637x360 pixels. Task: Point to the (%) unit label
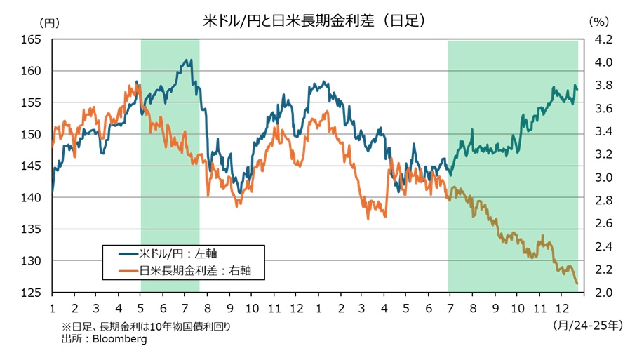[598, 22]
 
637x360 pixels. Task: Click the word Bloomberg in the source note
[118, 339]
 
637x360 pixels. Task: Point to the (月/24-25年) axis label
[588, 325]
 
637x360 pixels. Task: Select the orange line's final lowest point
[577, 284]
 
